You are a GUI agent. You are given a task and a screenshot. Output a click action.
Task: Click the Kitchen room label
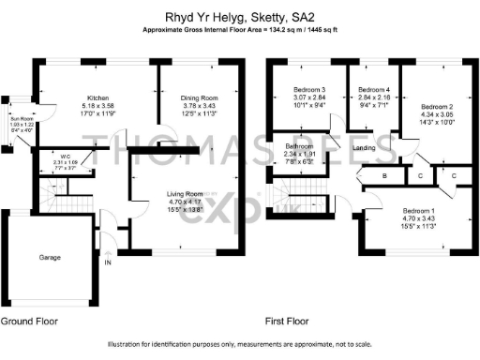coord(100,97)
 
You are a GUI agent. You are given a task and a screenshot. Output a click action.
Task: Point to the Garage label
coord(50,256)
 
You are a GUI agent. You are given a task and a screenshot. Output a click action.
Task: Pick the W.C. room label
coord(66,157)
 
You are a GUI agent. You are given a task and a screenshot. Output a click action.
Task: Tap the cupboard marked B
coord(384,176)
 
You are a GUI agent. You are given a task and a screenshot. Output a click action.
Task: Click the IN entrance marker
coord(107,263)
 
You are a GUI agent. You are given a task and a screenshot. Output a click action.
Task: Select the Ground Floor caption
coord(29,322)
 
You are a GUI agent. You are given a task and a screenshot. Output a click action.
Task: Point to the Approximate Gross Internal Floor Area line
coord(240,30)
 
